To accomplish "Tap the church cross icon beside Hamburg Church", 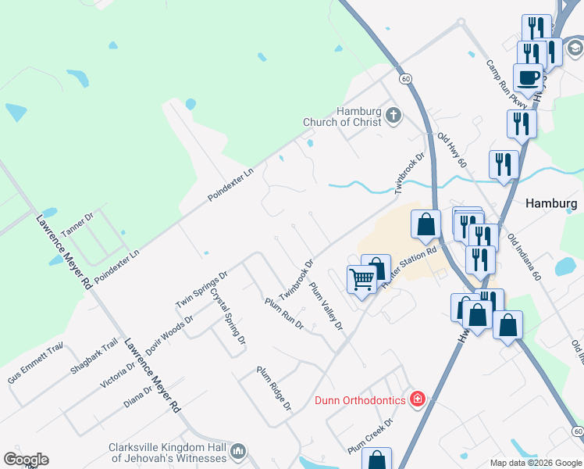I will (393, 116).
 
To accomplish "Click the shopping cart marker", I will (361, 279).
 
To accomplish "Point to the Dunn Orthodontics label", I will (360, 400).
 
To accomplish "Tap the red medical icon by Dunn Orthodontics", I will (418, 400).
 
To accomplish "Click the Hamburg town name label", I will (551, 202).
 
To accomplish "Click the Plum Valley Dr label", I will (326, 306).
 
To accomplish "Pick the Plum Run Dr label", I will (283, 313).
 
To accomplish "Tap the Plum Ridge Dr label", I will (274, 388).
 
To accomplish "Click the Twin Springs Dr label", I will (201, 289).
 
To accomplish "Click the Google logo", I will (26, 459).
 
